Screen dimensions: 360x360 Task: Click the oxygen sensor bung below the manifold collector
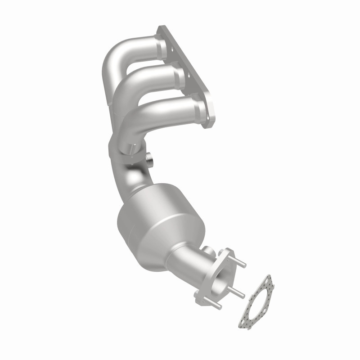(x=150, y=160)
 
